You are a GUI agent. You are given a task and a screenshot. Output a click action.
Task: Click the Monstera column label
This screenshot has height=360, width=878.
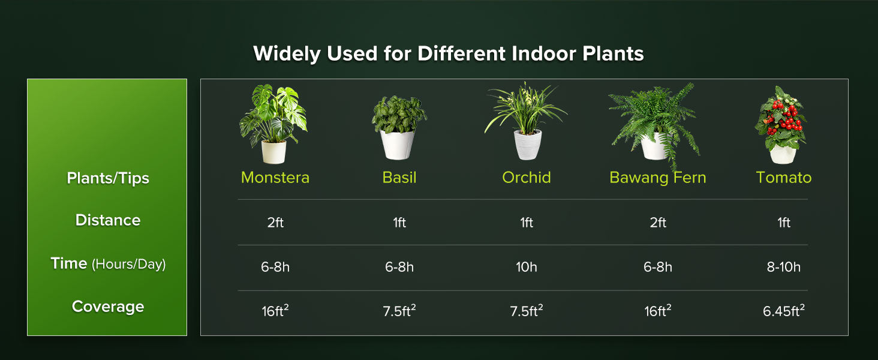[275, 178]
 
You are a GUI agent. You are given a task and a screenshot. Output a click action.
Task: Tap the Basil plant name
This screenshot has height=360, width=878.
[399, 178]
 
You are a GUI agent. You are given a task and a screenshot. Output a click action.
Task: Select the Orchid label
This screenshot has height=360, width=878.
[526, 178]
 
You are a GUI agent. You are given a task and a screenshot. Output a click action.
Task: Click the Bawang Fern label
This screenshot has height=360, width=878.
[657, 178]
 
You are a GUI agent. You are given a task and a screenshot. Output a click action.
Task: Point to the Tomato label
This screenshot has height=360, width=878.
[783, 178]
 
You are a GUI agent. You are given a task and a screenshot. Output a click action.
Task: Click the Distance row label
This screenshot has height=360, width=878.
[108, 220]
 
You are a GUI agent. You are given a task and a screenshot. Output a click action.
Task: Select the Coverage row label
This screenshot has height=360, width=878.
[108, 307]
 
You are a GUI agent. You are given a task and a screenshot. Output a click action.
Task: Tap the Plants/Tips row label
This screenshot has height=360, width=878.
[108, 178]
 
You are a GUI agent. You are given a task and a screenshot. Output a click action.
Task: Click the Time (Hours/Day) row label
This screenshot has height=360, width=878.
[108, 263]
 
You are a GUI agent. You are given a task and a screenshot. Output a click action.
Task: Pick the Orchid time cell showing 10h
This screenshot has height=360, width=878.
[526, 267]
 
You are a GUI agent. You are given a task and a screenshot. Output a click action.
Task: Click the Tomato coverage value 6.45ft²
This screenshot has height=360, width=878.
[783, 311]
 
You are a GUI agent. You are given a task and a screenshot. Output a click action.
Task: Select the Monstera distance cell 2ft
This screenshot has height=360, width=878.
[275, 223]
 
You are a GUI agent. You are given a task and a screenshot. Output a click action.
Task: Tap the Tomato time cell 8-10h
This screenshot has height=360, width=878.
[783, 267]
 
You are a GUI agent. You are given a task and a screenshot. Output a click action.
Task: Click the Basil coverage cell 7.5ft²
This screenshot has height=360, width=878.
[399, 311]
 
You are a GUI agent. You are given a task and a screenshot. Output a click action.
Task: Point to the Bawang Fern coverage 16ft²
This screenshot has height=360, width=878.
[657, 311]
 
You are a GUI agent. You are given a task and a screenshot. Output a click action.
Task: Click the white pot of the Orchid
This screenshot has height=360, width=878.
[528, 145]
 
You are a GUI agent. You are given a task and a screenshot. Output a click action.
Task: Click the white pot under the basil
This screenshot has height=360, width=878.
[398, 145]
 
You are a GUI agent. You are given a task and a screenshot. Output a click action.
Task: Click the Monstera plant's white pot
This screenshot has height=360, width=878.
[273, 151]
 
